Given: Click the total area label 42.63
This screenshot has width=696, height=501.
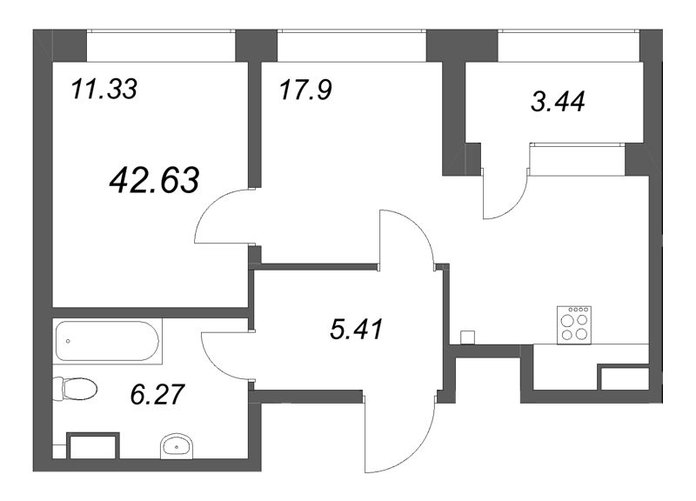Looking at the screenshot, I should (x=156, y=180).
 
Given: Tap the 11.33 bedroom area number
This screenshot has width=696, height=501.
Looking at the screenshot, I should (x=104, y=89).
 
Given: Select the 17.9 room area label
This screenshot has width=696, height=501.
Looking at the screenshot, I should (x=305, y=89).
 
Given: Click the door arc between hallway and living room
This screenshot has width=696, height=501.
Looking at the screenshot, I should (x=406, y=235).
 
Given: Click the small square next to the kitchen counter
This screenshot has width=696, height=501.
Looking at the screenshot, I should (x=467, y=337).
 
